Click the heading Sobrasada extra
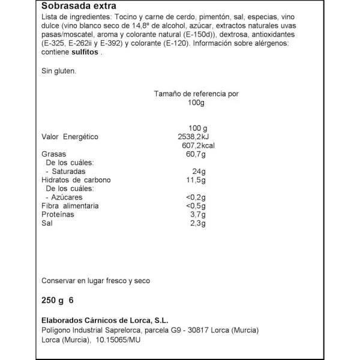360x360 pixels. click(x=76, y=7)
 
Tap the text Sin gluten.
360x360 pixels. click(x=58, y=70)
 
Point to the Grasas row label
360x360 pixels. click(x=53, y=155)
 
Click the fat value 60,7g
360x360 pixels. click(x=196, y=155)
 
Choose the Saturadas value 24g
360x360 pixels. click(x=199, y=172)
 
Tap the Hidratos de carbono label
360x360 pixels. click(x=76, y=180)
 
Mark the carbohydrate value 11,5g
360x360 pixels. click(x=196, y=180)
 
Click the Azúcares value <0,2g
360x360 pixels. click(x=196, y=197)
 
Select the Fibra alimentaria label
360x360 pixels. click(x=70, y=206)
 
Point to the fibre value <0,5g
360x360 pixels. click(x=196, y=206)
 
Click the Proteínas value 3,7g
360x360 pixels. click(x=197, y=214)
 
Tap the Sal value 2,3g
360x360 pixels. click(x=197, y=223)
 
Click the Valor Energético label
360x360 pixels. click(x=70, y=137)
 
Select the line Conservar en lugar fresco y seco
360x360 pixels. click(x=96, y=280)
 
